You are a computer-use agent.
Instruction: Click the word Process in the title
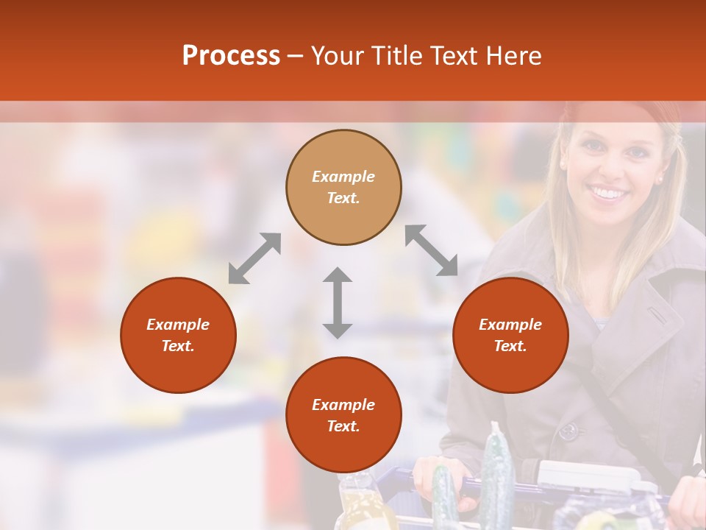[231, 56]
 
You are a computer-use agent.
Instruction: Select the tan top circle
[343, 187]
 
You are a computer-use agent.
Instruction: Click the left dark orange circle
[178, 335]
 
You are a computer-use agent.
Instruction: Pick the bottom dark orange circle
[343, 414]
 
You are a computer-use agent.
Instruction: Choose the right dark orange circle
[510, 335]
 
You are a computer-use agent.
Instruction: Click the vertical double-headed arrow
[338, 303]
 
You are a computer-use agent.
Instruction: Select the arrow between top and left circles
[254, 258]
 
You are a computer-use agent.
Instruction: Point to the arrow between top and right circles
[431, 250]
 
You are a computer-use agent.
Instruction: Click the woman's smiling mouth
[608, 194]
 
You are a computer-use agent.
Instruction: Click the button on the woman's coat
[569, 430]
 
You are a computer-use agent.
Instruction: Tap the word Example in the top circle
[343, 177]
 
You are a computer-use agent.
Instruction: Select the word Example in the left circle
[178, 325]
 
